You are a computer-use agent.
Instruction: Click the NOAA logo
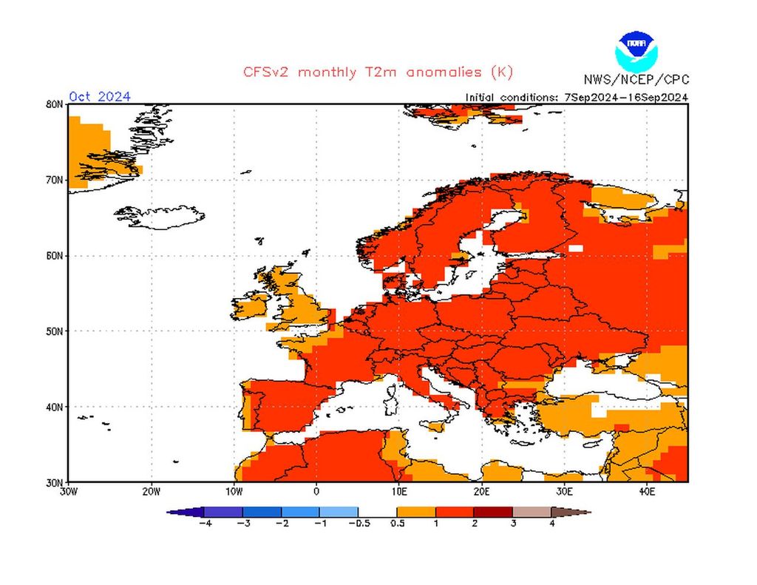click(x=635, y=50)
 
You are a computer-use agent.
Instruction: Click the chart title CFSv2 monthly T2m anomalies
click(x=378, y=72)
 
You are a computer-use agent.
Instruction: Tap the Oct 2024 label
click(x=100, y=97)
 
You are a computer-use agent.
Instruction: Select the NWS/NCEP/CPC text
click(x=636, y=80)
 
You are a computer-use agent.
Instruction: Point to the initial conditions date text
click(x=577, y=97)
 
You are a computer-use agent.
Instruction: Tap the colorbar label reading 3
click(x=512, y=524)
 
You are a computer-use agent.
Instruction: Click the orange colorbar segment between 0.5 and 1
click(x=416, y=512)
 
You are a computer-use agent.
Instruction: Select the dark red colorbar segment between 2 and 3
click(x=493, y=512)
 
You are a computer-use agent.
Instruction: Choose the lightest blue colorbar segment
click(x=339, y=512)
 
